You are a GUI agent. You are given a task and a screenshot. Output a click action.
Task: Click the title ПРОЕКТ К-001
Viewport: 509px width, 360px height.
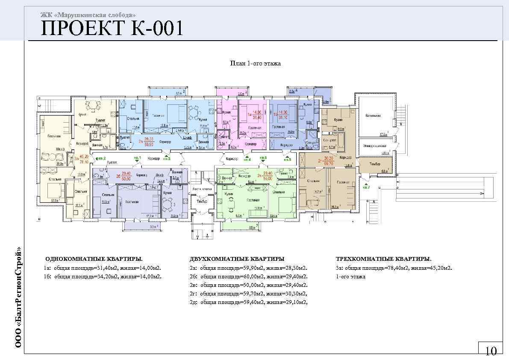(x=112, y=29)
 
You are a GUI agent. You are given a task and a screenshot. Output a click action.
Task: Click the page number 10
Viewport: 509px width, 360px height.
(x=491, y=351)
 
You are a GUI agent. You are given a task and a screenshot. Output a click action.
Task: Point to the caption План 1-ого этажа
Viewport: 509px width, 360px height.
(x=255, y=64)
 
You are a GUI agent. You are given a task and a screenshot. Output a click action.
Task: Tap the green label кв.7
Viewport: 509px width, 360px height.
(x=366, y=187)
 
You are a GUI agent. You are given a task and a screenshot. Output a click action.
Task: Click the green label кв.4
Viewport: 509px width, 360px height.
(x=247, y=159)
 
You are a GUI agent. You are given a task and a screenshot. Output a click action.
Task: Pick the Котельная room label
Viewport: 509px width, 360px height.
(x=373, y=115)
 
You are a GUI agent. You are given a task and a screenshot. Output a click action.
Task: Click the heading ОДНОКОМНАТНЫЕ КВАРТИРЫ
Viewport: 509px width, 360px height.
(x=94, y=259)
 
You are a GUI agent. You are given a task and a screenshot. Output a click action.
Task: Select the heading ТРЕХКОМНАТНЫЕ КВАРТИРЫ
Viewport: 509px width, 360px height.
(x=383, y=259)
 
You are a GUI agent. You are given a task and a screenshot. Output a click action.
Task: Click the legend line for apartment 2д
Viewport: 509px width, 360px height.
(x=248, y=302)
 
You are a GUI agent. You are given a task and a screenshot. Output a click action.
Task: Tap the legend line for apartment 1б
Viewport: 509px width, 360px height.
(x=102, y=277)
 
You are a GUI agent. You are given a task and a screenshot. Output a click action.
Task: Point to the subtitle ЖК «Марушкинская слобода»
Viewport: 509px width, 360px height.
(x=88, y=15)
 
